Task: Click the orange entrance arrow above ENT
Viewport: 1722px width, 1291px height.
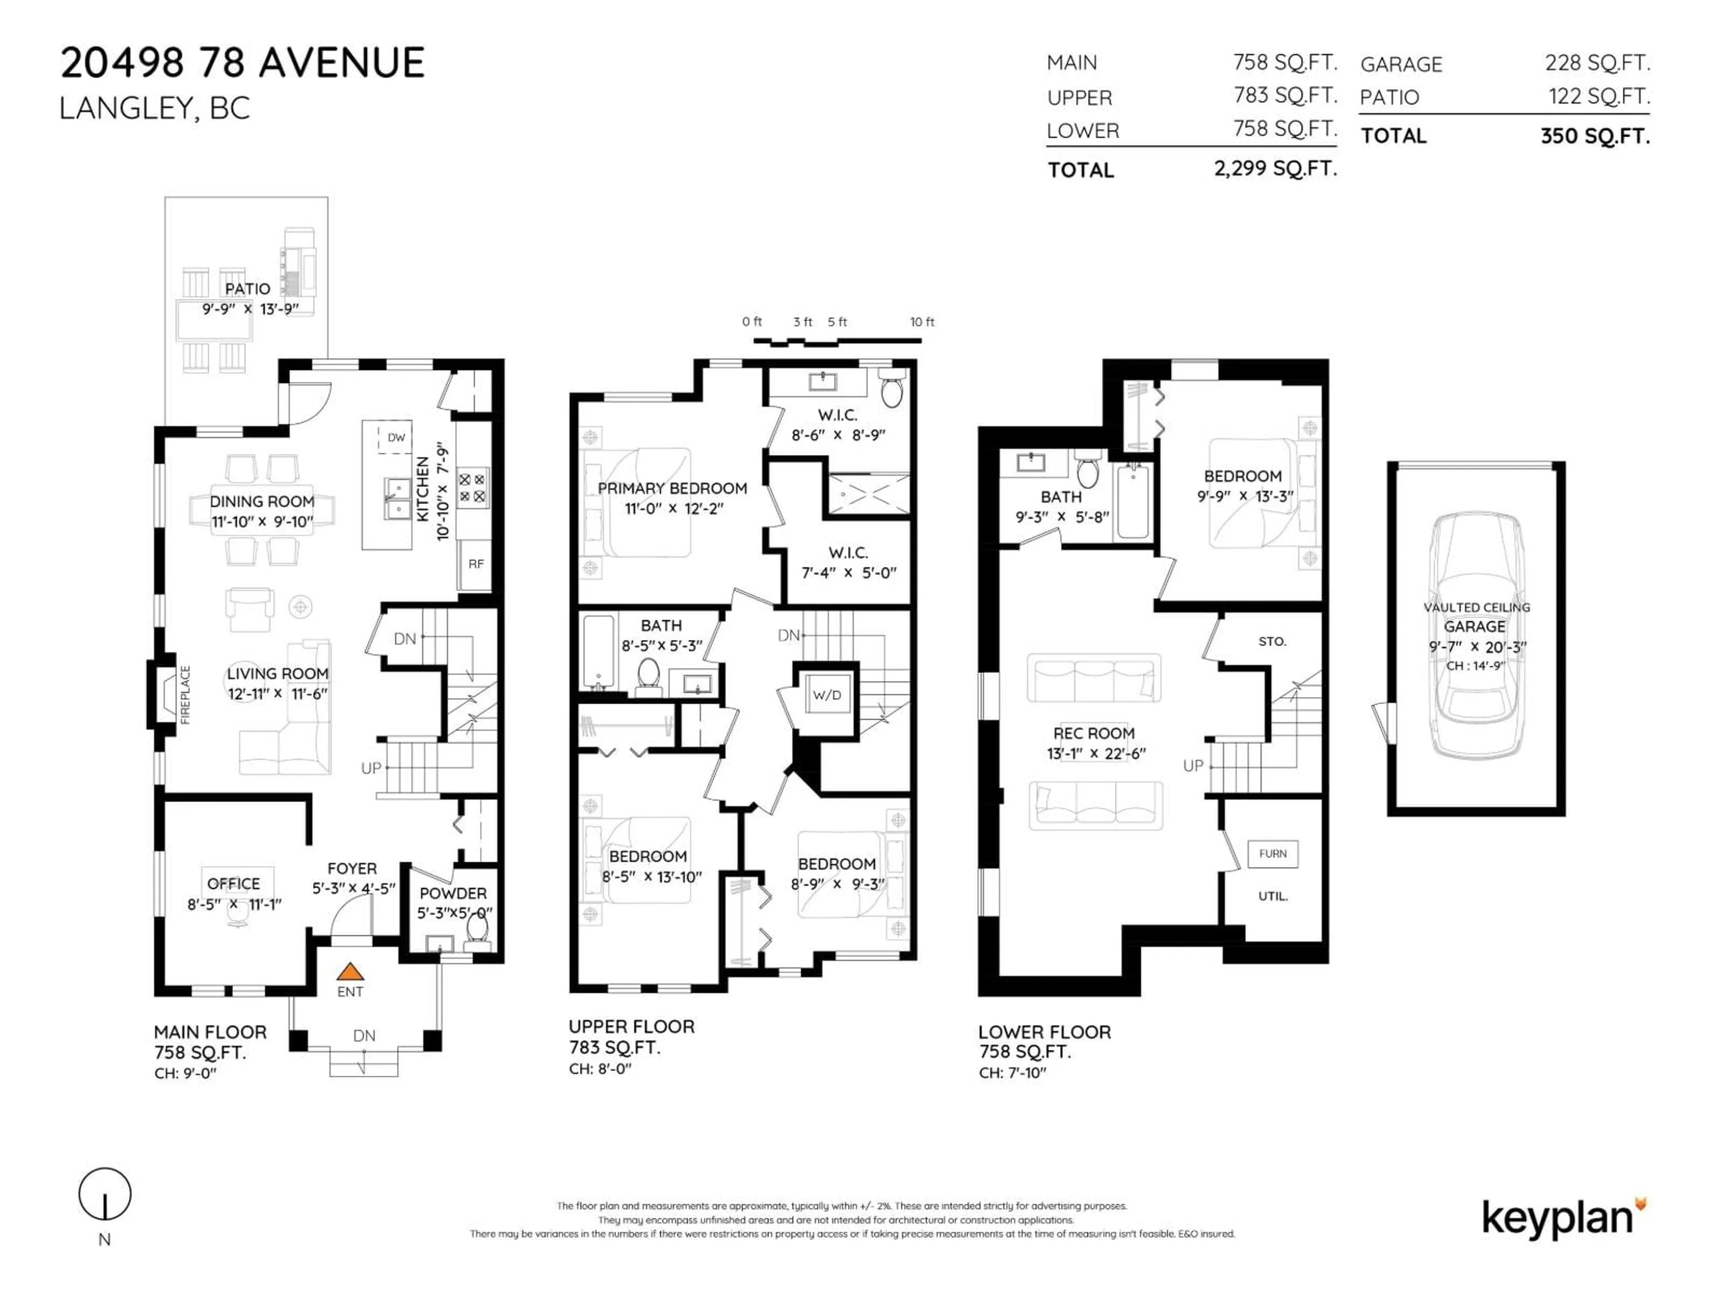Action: [x=350, y=971]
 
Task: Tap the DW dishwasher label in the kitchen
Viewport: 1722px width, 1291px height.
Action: [x=396, y=438]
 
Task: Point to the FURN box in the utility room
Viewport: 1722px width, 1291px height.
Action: [x=1272, y=853]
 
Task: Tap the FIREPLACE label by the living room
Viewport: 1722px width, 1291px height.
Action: [x=185, y=694]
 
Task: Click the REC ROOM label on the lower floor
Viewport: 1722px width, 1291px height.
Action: [x=1094, y=733]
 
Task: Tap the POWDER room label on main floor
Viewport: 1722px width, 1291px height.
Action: [x=452, y=893]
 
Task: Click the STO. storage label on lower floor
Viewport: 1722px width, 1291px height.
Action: [x=1272, y=641]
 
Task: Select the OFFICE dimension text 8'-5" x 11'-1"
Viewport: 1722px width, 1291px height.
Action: [x=234, y=904]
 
